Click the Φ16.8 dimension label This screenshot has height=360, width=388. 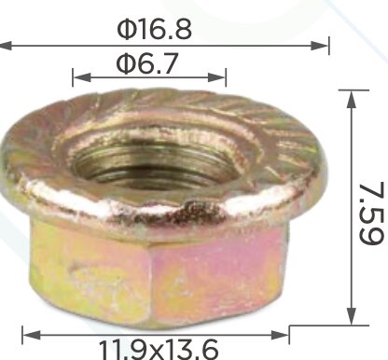tap(154, 29)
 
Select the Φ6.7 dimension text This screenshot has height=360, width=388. tap(147, 63)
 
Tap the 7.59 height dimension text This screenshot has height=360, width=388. tap(371, 214)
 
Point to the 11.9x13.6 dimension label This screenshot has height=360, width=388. tap(159, 350)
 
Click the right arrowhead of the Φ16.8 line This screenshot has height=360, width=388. tap(319, 46)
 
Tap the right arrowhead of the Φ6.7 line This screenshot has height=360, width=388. tap(216, 77)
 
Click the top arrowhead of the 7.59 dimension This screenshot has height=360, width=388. tap(352, 100)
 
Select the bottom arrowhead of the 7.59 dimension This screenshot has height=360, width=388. tap(352, 316)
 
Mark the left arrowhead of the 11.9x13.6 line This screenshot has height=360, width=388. tap(32, 335)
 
